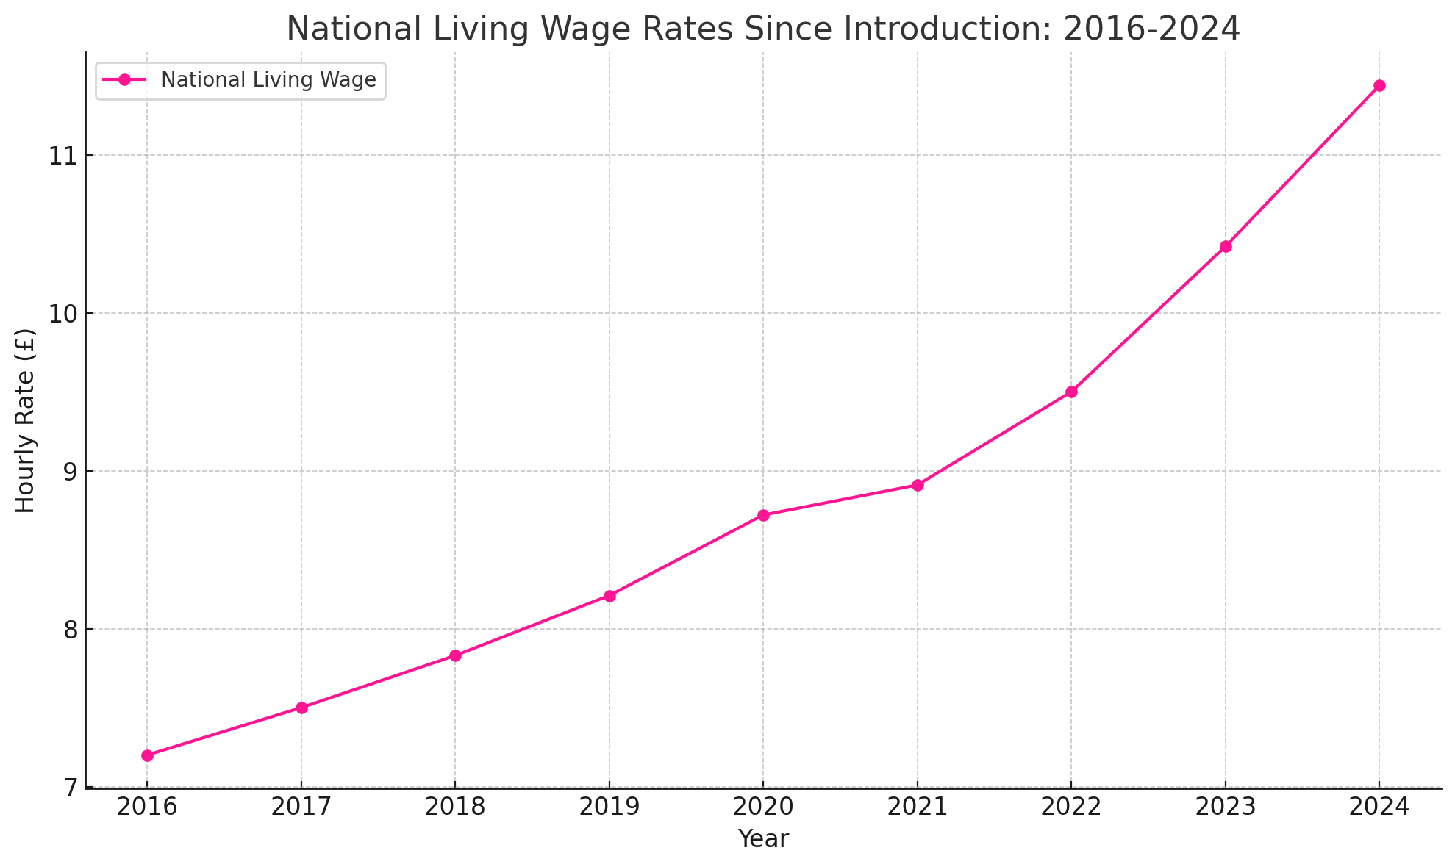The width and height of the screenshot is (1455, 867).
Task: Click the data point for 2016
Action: click(x=147, y=755)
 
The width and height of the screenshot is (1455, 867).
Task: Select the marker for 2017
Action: click(x=301, y=708)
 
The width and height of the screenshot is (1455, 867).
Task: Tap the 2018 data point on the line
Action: click(x=455, y=655)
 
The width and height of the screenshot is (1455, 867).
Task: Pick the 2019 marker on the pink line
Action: click(x=609, y=596)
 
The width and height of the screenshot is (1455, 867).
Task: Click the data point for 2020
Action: click(x=763, y=515)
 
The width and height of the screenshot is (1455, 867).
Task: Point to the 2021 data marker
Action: click(x=918, y=485)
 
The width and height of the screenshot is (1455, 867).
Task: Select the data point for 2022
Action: click(x=1071, y=392)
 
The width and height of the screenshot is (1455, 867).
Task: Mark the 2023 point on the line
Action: click(x=1226, y=246)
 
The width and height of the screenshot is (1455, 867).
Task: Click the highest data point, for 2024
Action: click(x=1379, y=85)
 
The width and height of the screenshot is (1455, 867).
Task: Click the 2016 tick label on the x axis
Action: click(x=147, y=807)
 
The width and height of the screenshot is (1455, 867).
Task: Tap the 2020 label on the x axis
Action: click(x=763, y=807)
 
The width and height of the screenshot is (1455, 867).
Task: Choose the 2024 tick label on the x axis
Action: click(x=1379, y=807)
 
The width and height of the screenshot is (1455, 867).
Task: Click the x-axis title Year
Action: click(x=763, y=839)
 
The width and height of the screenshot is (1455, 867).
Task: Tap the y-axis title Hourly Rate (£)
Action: click(x=26, y=420)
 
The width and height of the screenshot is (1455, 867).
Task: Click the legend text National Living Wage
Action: click(x=268, y=80)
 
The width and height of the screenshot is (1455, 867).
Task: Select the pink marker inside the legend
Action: click(x=125, y=80)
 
